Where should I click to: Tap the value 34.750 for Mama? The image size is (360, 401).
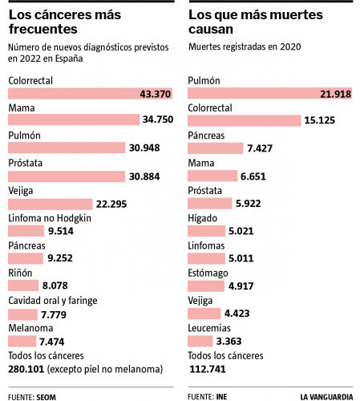pos(158,121)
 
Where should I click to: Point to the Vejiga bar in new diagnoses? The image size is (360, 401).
pos(56,203)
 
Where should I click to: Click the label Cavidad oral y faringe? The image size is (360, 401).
pos(52,300)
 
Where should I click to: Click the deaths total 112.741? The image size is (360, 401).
pos(207,369)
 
